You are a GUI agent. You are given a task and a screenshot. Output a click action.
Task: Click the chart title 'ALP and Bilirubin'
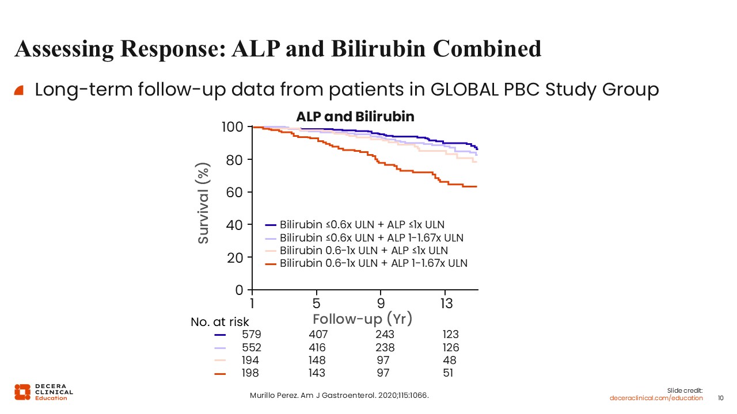[x=355, y=117]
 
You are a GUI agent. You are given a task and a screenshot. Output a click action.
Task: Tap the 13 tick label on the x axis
[x=446, y=303]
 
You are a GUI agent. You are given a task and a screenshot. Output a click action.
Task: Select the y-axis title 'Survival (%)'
[x=203, y=203]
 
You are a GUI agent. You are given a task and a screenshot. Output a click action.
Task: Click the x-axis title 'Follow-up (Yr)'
[x=362, y=319]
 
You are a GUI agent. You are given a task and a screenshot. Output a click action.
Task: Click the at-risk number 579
[x=252, y=334]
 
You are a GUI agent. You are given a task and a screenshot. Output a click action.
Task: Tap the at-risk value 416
[x=317, y=347]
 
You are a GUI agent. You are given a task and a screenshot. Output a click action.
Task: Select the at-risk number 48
[x=450, y=360]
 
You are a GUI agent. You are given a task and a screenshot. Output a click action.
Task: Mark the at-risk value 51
[x=448, y=373]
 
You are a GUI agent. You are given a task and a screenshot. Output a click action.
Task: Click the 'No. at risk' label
[x=220, y=322]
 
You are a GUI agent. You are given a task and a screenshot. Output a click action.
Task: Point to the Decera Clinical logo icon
[x=22, y=392]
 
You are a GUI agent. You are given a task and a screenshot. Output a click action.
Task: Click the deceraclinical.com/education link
[x=656, y=398]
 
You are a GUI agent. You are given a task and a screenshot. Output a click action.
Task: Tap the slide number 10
[x=720, y=398]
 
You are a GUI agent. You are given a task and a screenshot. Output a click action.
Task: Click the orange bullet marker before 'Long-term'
[x=19, y=90]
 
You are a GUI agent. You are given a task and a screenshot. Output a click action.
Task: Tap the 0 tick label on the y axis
[x=239, y=290]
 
